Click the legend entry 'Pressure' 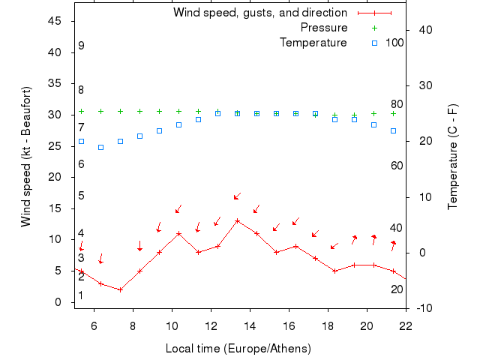324,28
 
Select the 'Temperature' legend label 313,43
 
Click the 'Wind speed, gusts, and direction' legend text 260,13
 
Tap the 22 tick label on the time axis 406,325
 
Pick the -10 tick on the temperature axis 423,308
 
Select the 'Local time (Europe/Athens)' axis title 238,349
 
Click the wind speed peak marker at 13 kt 237,220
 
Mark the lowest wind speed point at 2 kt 120,289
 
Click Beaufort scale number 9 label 81,46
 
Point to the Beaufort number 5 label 81,196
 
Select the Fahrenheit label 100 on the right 394,43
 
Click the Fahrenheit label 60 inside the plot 397,165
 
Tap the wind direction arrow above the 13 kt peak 237,196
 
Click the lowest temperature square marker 100,147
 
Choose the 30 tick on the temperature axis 421,85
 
